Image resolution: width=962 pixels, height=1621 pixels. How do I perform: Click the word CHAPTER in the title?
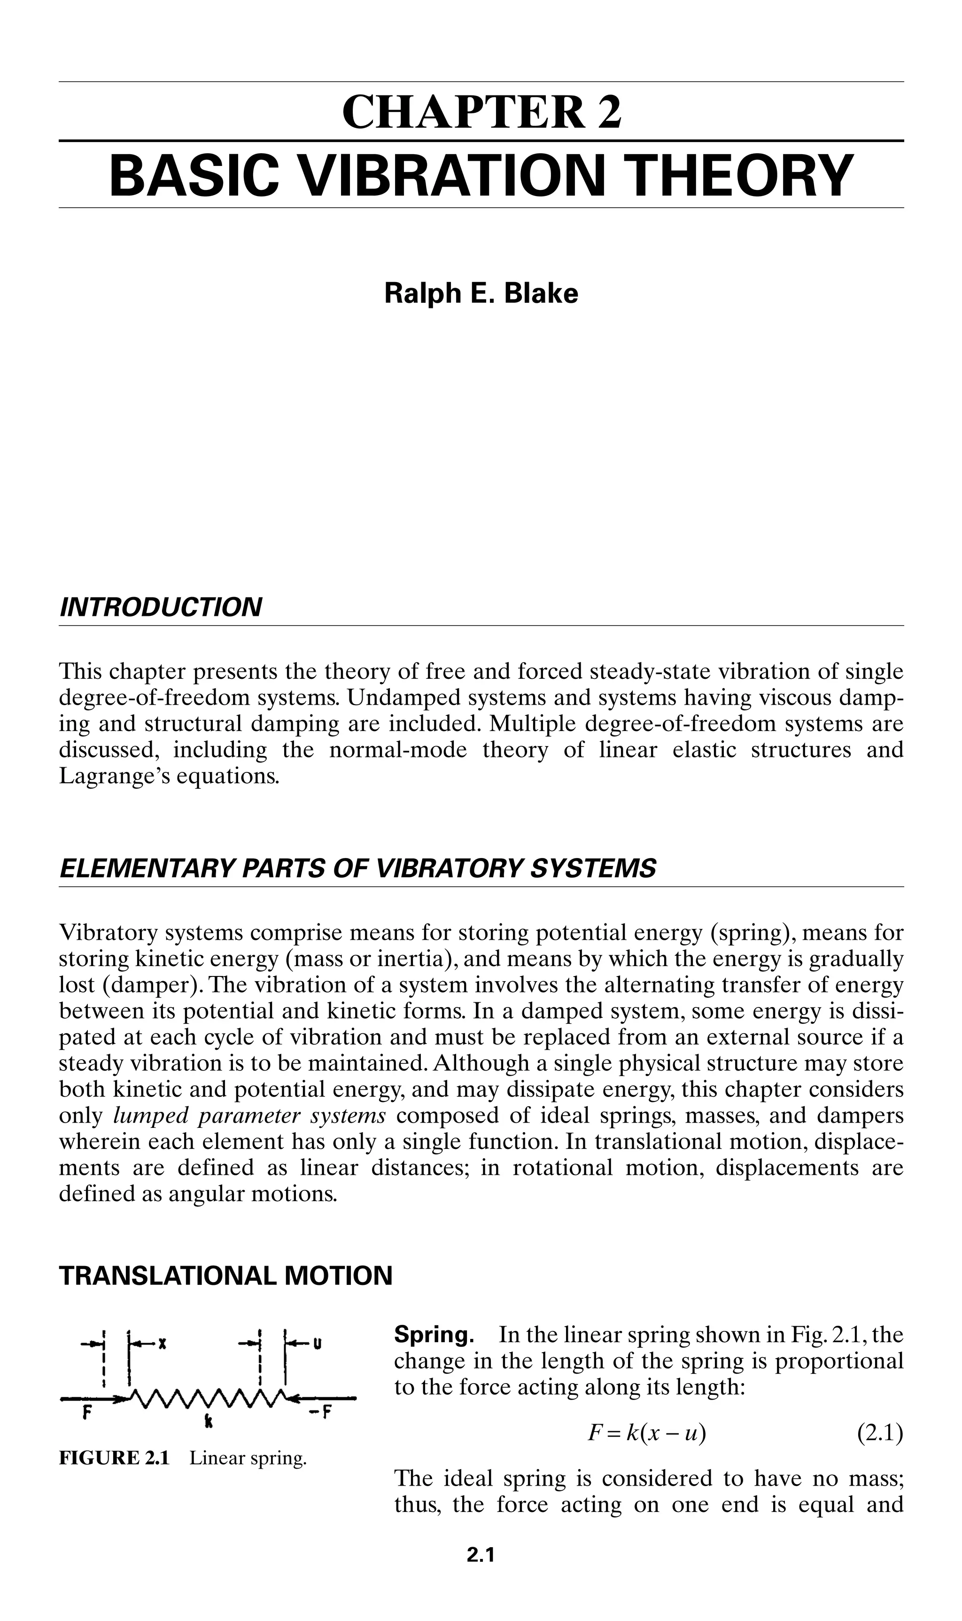463,112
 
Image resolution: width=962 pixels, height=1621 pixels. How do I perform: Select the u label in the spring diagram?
318,1343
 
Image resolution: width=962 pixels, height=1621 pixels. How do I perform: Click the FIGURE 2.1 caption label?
114,1459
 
